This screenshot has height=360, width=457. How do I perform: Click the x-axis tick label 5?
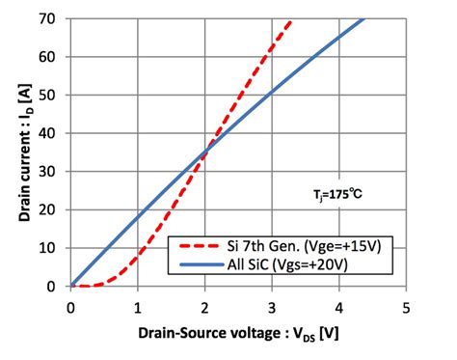[x=405, y=306]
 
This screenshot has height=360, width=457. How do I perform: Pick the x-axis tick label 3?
[x=271, y=306]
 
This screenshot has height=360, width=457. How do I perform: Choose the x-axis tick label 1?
[x=138, y=306]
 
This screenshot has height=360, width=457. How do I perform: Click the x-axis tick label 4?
[x=338, y=306]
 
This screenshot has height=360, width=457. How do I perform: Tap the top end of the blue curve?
[x=363, y=19]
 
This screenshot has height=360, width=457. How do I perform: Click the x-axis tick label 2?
[x=204, y=306]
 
